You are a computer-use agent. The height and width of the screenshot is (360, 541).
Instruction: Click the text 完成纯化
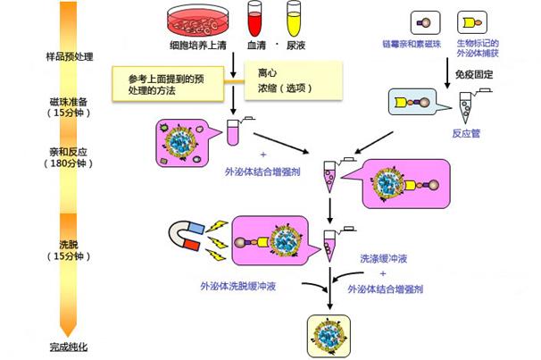(x=71, y=347)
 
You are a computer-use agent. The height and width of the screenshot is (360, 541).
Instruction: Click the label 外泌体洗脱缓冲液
(x=237, y=288)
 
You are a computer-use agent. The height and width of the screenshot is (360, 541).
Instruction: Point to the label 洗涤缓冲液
(x=384, y=260)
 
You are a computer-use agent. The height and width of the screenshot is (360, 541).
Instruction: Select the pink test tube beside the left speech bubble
(x=233, y=131)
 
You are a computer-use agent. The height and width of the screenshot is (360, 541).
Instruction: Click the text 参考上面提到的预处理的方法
(x=168, y=82)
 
